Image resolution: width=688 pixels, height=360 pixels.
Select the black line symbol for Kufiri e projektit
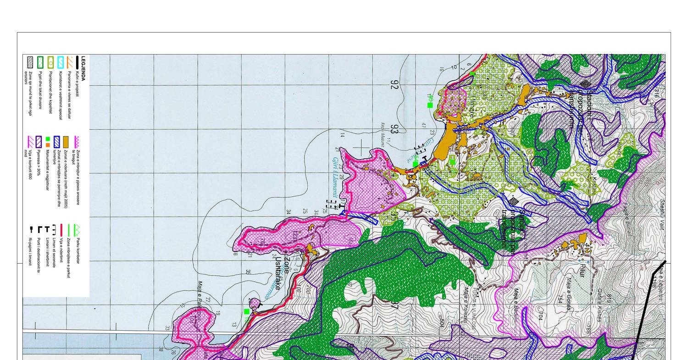click(x=77, y=62)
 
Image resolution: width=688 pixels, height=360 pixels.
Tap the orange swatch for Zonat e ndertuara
click(x=66, y=142)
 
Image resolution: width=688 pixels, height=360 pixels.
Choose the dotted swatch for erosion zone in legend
click(x=30, y=62)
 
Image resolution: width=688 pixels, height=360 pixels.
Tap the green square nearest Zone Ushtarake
click(x=247, y=312)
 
